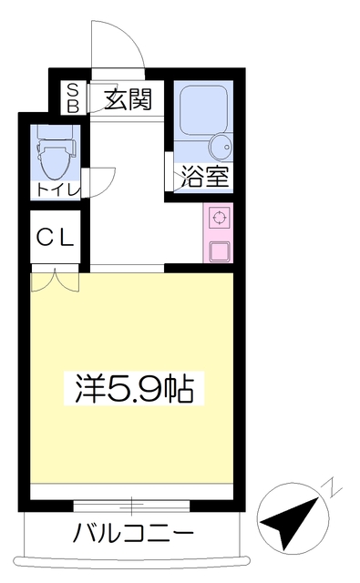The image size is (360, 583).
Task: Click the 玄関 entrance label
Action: pos(129,99)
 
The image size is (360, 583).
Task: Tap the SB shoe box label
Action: pos(73,98)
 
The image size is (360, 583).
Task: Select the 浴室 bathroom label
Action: pos(204,176)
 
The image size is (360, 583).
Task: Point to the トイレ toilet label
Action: pos(58,190)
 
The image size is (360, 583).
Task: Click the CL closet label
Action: pos(56,238)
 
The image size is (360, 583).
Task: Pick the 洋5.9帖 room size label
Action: pos(134,389)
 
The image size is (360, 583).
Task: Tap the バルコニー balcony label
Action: pos(133,532)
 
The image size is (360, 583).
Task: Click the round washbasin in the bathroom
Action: pos(221,147)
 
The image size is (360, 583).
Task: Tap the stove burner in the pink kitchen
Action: pos(220,218)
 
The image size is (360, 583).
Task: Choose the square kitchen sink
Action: pos(220,251)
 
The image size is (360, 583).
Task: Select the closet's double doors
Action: pos(56,280)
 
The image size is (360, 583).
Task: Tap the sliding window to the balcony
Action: pos(131,506)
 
